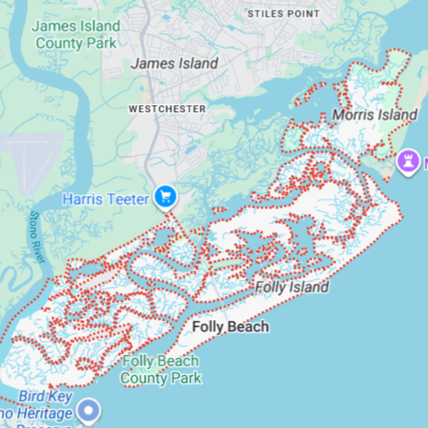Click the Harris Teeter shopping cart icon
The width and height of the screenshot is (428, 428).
(166, 198)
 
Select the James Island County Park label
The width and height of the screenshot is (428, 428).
(76, 33)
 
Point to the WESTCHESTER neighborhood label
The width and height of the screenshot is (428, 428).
(167, 109)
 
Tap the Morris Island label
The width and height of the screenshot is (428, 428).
(363, 115)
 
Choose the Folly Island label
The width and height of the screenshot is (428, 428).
(292, 288)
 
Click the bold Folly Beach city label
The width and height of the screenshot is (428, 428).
(230, 327)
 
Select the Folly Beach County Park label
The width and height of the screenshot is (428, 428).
(162, 370)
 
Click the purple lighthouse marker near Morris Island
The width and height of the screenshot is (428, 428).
(409, 160)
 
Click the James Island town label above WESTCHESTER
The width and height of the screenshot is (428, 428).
(175, 63)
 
